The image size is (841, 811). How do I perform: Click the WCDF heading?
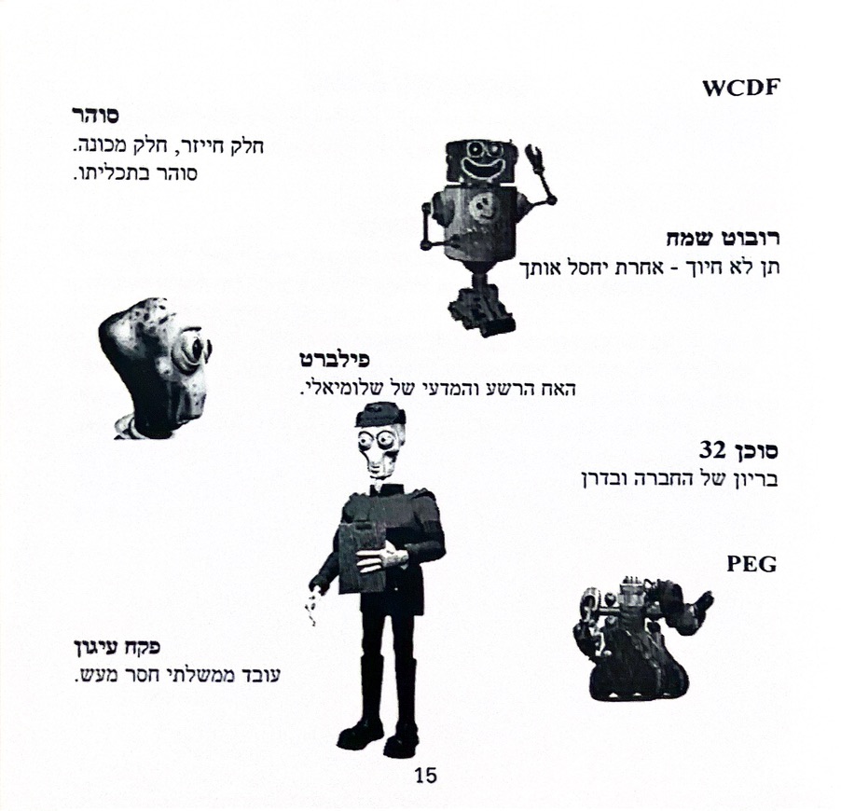[x=740, y=88]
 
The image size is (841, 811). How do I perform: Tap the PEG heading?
[x=751, y=564]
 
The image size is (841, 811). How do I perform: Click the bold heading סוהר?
[x=95, y=116]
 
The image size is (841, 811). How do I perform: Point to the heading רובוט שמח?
[x=723, y=238]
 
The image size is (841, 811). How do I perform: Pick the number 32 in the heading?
[x=712, y=450]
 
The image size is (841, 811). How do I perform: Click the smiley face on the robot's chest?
[x=480, y=207]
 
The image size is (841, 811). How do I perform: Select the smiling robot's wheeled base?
[x=481, y=310]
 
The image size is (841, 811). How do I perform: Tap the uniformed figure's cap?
[x=379, y=415]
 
